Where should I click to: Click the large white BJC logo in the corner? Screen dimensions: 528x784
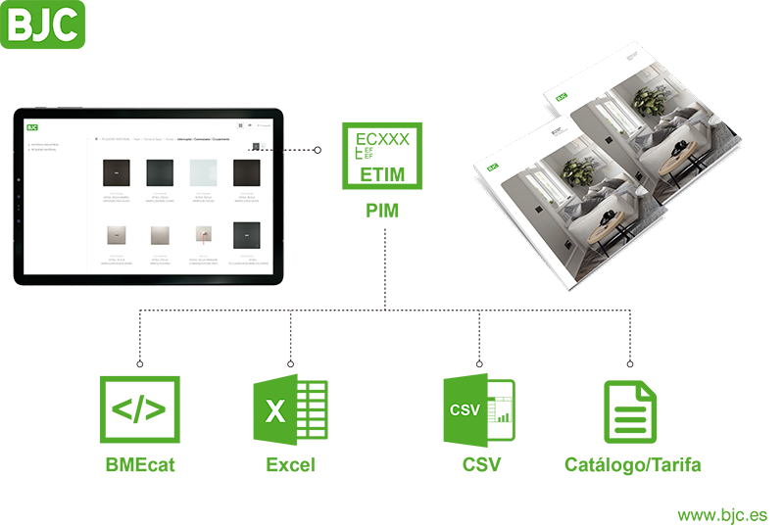(43, 25)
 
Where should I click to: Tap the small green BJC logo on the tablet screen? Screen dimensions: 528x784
(32, 126)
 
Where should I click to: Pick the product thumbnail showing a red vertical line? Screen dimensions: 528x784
(203, 236)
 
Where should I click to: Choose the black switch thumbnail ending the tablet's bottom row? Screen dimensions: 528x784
(246, 236)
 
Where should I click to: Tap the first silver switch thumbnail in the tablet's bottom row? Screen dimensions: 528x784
(117, 236)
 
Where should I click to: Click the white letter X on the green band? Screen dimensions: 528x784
(275, 411)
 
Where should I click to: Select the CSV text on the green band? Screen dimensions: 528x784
(465, 410)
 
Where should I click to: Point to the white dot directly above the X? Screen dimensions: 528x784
(291, 364)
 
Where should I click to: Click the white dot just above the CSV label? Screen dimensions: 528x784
(479, 364)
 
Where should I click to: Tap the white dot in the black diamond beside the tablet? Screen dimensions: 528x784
(318, 150)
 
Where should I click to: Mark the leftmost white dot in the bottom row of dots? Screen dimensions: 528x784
(140, 364)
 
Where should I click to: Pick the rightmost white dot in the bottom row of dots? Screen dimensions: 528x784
(627, 364)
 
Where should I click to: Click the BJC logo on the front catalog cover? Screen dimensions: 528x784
(489, 168)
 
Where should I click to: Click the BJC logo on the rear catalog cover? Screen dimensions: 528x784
(562, 97)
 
